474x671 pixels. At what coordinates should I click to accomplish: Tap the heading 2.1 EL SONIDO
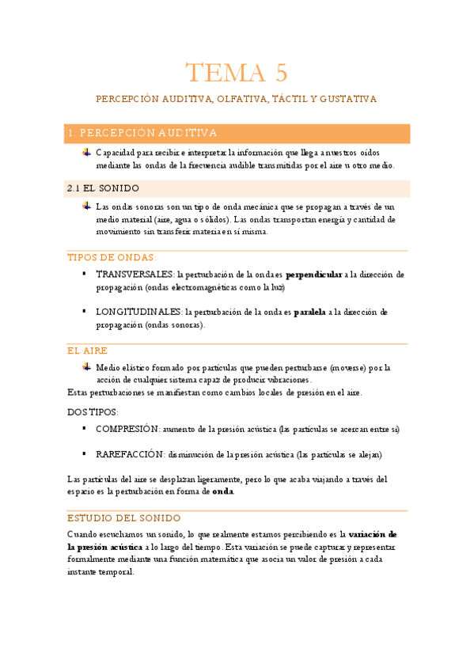tap(104, 188)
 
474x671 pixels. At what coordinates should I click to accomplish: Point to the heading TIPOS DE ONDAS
tap(112, 258)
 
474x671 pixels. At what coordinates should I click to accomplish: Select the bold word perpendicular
tap(314, 275)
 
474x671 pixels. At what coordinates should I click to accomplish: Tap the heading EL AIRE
tap(88, 350)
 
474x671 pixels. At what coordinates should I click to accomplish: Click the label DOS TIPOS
tap(93, 411)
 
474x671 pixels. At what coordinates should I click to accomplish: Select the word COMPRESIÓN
tap(127, 429)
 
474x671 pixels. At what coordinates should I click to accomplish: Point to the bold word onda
tap(223, 491)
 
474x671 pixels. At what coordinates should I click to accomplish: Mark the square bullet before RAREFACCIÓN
tap(84, 454)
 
